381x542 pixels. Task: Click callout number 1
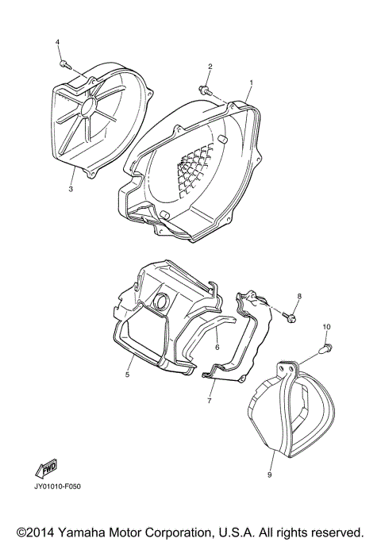coord(251,83)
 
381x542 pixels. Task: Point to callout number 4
coord(57,41)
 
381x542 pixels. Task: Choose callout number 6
coord(216,347)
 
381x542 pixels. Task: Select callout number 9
coord(269,475)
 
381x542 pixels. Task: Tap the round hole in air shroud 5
coord(162,302)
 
